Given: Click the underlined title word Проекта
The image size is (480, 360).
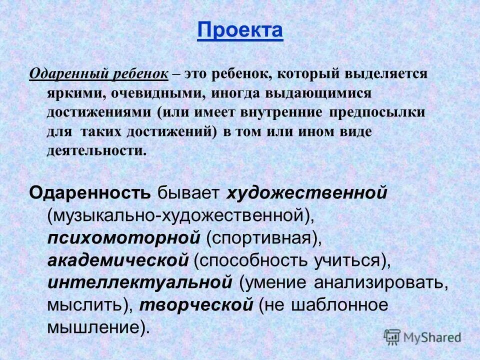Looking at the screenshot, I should tap(240, 31).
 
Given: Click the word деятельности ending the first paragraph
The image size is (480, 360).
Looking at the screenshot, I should tap(97, 150).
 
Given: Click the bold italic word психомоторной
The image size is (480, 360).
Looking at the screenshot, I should tap(124, 237).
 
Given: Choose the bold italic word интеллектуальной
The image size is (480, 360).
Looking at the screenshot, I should tap(140, 281).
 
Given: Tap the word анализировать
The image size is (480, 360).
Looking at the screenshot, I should tap(380, 281).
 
